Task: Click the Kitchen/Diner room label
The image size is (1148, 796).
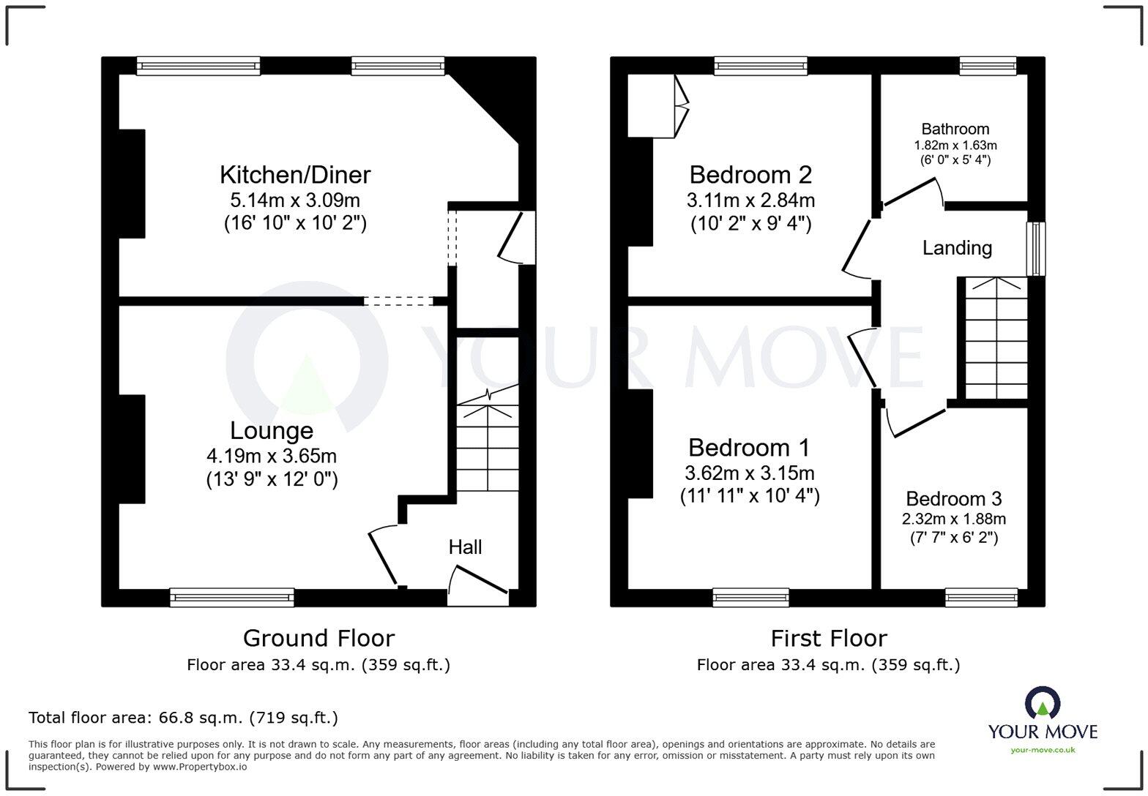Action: (x=295, y=175)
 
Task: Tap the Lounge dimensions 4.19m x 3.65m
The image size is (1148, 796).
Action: (x=272, y=457)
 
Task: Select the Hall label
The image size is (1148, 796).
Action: (x=465, y=547)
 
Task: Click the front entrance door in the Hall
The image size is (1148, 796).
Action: (x=477, y=591)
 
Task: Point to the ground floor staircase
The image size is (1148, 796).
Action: (x=488, y=446)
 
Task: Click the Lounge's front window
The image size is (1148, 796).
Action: (x=232, y=597)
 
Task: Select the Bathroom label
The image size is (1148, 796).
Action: (x=955, y=129)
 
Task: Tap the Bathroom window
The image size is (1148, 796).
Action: (x=988, y=67)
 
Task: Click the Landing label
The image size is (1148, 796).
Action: (x=957, y=248)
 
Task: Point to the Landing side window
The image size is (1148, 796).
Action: (x=1036, y=249)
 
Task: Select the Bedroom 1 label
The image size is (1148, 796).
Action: (x=749, y=447)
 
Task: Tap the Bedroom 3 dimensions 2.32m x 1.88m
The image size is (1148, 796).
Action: (x=953, y=519)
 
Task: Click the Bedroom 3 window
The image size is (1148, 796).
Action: (x=981, y=597)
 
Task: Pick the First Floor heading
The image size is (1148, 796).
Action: (x=828, y=638)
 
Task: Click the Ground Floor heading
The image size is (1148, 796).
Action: (x=318, y=638)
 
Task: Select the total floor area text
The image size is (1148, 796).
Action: (x=183, y=718)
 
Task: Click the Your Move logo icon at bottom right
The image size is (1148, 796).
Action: (x=1043, y=704)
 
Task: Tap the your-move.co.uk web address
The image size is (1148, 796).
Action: (x=1043, y=750)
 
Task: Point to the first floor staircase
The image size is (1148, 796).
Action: (x=996, y=339)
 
